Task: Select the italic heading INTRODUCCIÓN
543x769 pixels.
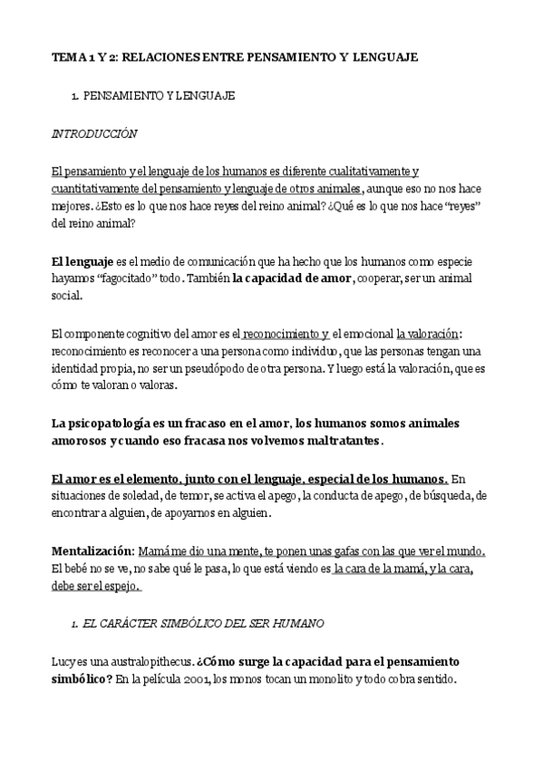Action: point(94,133)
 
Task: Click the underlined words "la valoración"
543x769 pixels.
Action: point(429,334)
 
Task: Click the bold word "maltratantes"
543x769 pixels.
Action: point(335,441)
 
